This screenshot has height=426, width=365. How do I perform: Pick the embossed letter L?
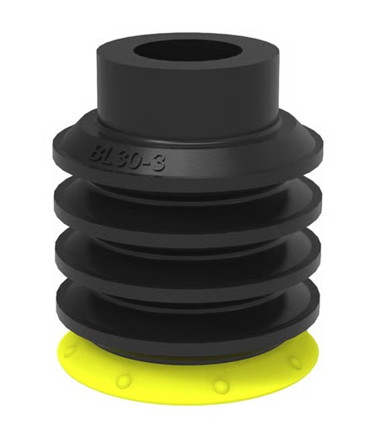tap(110, 157)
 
